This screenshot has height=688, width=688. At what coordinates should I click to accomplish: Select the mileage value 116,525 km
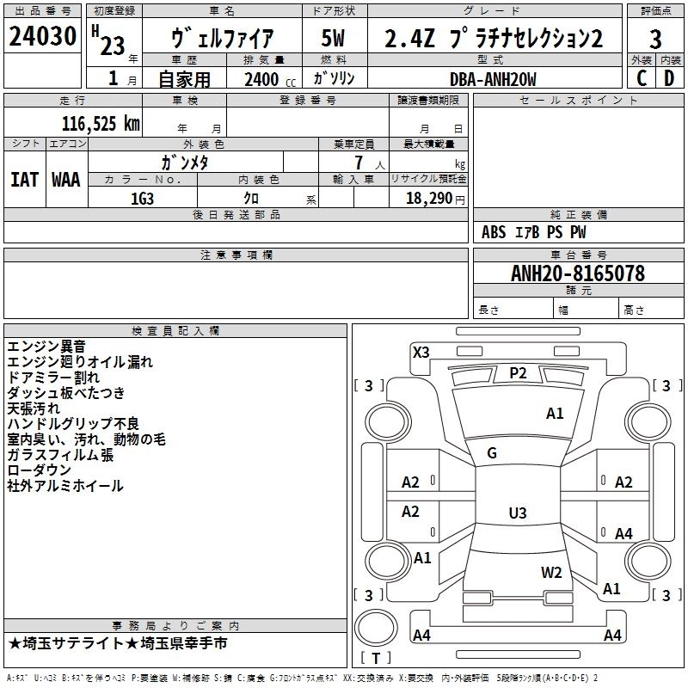click(101, 123)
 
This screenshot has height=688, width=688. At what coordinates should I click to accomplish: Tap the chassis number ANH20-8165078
click(577, 273)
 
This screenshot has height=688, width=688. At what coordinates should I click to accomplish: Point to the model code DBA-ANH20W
click(493, 79)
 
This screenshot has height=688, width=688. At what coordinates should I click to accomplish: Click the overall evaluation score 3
click(655, 40)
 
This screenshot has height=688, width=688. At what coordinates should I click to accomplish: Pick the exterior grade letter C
click(641, 78)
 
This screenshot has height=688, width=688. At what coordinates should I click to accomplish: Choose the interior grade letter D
click(670, 78)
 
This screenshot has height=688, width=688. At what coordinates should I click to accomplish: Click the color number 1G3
click(142, 198)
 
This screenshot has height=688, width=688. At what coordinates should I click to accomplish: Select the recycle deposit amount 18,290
click(434, 198)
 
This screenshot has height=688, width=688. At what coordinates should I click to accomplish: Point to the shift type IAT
click(24, 179)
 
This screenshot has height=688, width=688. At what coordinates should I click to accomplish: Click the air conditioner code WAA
click(65, 179)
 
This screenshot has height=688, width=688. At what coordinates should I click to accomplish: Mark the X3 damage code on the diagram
click(421, 352)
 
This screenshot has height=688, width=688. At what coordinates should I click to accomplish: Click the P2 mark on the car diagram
click(518, 372)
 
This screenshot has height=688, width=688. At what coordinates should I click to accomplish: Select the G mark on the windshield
click(492, 453)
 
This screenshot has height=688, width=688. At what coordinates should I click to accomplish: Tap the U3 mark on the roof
click(517, 513)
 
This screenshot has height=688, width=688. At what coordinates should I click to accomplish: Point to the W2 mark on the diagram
click(551, 572)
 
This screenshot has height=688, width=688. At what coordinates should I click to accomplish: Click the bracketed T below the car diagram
click(376, 658)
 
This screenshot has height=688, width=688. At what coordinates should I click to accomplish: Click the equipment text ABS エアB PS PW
click(534, 232)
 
